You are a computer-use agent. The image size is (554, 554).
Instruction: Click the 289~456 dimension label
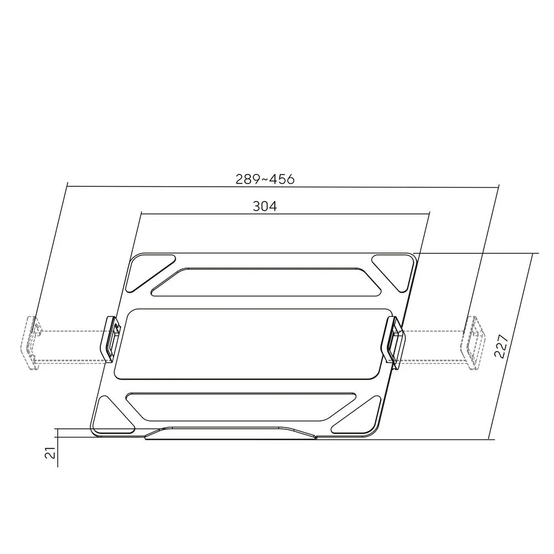click(265, 179)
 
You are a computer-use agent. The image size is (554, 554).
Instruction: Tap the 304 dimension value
click(265, 206)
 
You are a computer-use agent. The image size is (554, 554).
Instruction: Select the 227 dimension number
click(501, 346)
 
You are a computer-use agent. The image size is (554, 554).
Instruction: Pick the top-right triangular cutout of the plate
click(395, 272)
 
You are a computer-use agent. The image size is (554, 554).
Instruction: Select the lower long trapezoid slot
click(240, 407)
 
